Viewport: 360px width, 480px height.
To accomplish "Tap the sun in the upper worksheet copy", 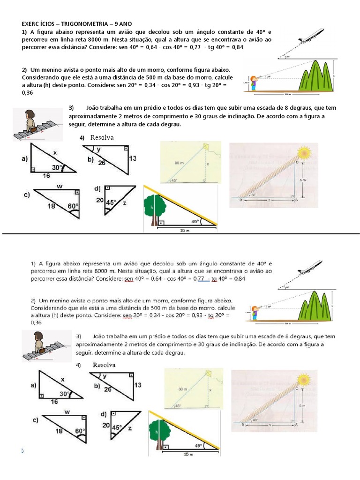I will pyautogui.click(x=305, y=153).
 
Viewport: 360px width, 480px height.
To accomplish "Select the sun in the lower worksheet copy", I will pyautogui.click(x=305, y=378).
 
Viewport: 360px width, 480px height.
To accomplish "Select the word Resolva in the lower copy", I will pyautogui.click(x=104, y=365).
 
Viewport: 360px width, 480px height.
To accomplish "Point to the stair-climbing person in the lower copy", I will pyautogui.click(x=37, y=341).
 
